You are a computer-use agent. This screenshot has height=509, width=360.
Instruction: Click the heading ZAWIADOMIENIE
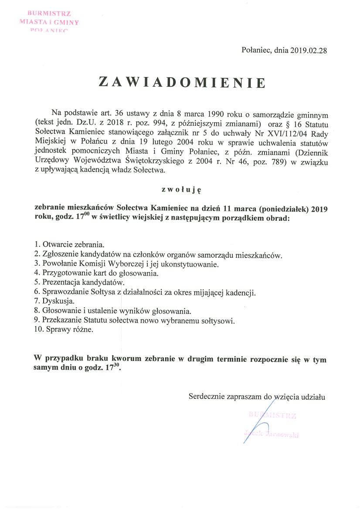(182, 82)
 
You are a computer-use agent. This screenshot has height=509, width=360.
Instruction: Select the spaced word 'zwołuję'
(180, 189)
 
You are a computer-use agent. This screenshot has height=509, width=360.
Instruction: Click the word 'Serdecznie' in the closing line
(206, 396)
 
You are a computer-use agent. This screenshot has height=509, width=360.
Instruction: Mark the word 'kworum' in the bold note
(126, 360)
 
